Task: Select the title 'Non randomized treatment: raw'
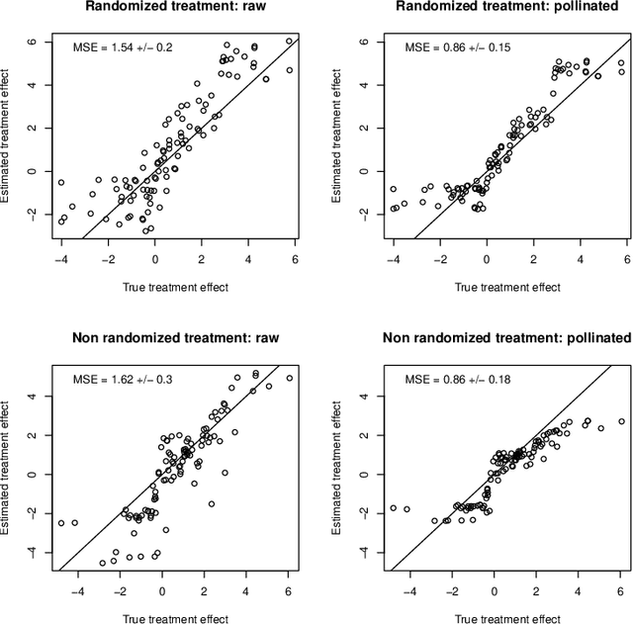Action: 177,338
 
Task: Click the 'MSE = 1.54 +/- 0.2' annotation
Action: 130,47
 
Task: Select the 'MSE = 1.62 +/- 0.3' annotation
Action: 130,379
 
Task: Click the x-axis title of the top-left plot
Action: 177,287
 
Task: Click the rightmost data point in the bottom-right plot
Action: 621,421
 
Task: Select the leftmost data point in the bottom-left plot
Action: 61,523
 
